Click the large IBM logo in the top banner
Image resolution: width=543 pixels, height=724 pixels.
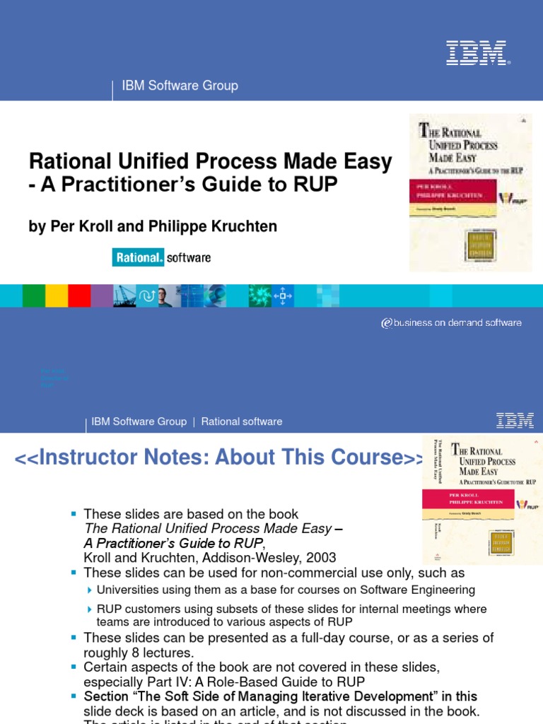[x=476, y=53]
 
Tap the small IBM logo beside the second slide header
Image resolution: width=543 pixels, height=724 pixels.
[x=515, y=421]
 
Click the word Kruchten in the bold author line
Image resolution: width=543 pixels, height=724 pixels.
[x=243, y=226]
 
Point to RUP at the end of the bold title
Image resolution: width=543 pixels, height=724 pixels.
[x=314, y=185]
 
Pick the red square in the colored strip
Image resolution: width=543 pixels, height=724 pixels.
[x=79, y=296]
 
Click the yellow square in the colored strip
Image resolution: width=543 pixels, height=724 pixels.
[x=57, y=296]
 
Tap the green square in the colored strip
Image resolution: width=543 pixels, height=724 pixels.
[x=34, y=296]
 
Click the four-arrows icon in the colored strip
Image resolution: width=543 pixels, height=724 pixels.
[x=281, y=296]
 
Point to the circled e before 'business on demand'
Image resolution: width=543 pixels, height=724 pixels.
[x=386, y=323]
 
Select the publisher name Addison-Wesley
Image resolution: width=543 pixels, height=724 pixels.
[x=240, y=558]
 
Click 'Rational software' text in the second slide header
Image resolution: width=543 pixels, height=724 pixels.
[x=242, y=421]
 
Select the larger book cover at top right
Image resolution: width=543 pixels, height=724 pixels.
[x=470, y=192]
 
